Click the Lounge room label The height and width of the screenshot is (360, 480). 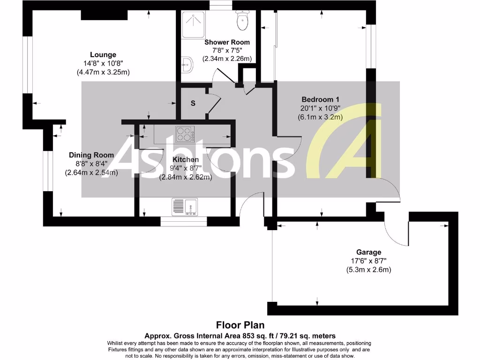point(103,55)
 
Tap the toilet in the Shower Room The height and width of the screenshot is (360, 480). point(242,20)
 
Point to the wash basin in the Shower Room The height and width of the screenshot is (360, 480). point(187,65)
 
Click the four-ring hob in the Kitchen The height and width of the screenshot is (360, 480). point(185,134)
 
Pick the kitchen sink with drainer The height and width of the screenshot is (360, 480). point(185,207)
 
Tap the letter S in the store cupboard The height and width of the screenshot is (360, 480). point(193,104)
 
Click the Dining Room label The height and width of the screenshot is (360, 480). point(91,155)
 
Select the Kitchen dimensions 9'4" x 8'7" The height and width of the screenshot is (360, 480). point(186,168)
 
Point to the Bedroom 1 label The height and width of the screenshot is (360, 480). point(320,99)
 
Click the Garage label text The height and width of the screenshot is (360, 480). point(368,252)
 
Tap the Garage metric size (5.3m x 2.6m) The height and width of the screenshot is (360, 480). point(368,270)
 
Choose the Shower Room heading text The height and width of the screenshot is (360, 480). point(227,42)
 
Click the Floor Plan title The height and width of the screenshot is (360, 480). point(240,325)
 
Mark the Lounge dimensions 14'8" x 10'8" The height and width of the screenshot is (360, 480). point(103,63)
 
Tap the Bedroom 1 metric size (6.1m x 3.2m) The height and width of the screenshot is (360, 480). point(320,117)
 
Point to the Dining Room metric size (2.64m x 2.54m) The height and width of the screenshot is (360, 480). point(91,172)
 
